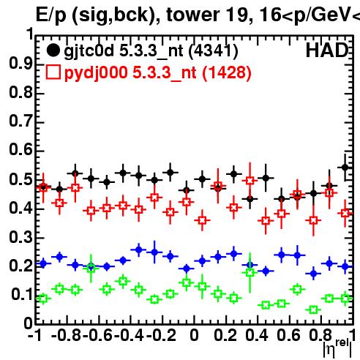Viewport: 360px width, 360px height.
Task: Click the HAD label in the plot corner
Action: [x=327, y=50]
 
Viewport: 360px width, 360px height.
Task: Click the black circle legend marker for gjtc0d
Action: [x=53, y=50]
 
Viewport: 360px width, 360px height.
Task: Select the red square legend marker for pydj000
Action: [x=53, y=72]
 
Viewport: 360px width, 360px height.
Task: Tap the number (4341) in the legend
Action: [x=214, y=51]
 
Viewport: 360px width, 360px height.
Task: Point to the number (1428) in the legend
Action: [x=227, y=72]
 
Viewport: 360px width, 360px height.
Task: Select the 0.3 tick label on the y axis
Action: [x=20, y=237]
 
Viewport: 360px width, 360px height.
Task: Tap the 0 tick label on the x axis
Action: [x=194, y=335]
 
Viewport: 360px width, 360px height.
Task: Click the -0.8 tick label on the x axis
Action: [x=67, y=335]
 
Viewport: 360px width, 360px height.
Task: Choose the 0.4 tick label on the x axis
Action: [x=257, y=335]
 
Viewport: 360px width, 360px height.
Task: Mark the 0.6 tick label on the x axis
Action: [x=288, y=335]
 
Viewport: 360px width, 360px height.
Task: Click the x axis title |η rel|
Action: [x=337, y=348]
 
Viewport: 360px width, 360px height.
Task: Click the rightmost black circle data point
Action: [x=345, y=168]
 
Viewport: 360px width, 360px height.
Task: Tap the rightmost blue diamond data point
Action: [x=345, y=266]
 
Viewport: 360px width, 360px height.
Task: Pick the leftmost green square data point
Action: [x=43, y=299]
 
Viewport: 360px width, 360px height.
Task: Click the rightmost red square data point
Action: [x=345, y=213]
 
